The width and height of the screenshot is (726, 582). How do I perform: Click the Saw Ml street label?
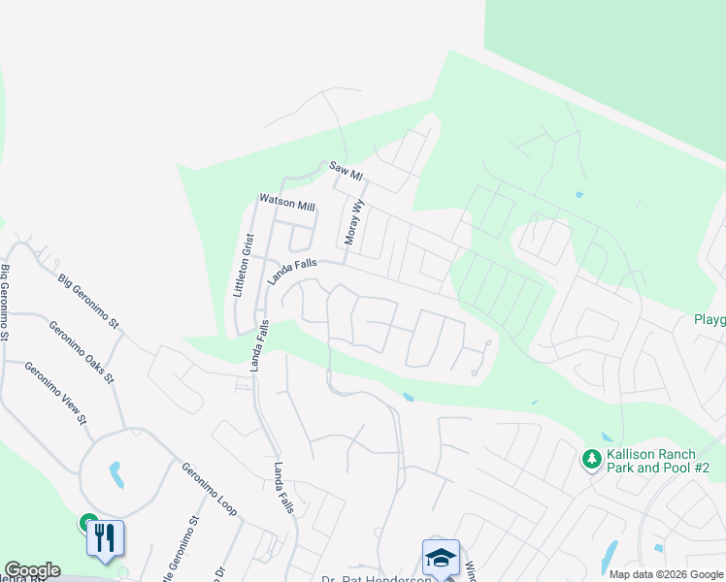[346, 171]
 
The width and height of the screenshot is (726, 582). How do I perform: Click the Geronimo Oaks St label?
[82, 350]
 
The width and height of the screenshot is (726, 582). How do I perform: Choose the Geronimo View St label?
[56, 393]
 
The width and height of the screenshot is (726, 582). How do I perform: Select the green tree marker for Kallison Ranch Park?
[590, 459]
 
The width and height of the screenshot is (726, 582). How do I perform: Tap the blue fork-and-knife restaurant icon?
[105, 538]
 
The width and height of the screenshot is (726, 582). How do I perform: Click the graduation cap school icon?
[441, 557]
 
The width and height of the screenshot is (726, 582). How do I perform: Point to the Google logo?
[32, 570]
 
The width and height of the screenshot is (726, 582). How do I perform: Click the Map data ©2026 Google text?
[665, 574]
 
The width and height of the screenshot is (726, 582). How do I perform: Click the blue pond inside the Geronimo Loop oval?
[116, 474]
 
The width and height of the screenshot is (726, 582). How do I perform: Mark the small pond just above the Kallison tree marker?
[606, 436]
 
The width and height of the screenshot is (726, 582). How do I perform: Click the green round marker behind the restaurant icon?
[87, 523]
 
